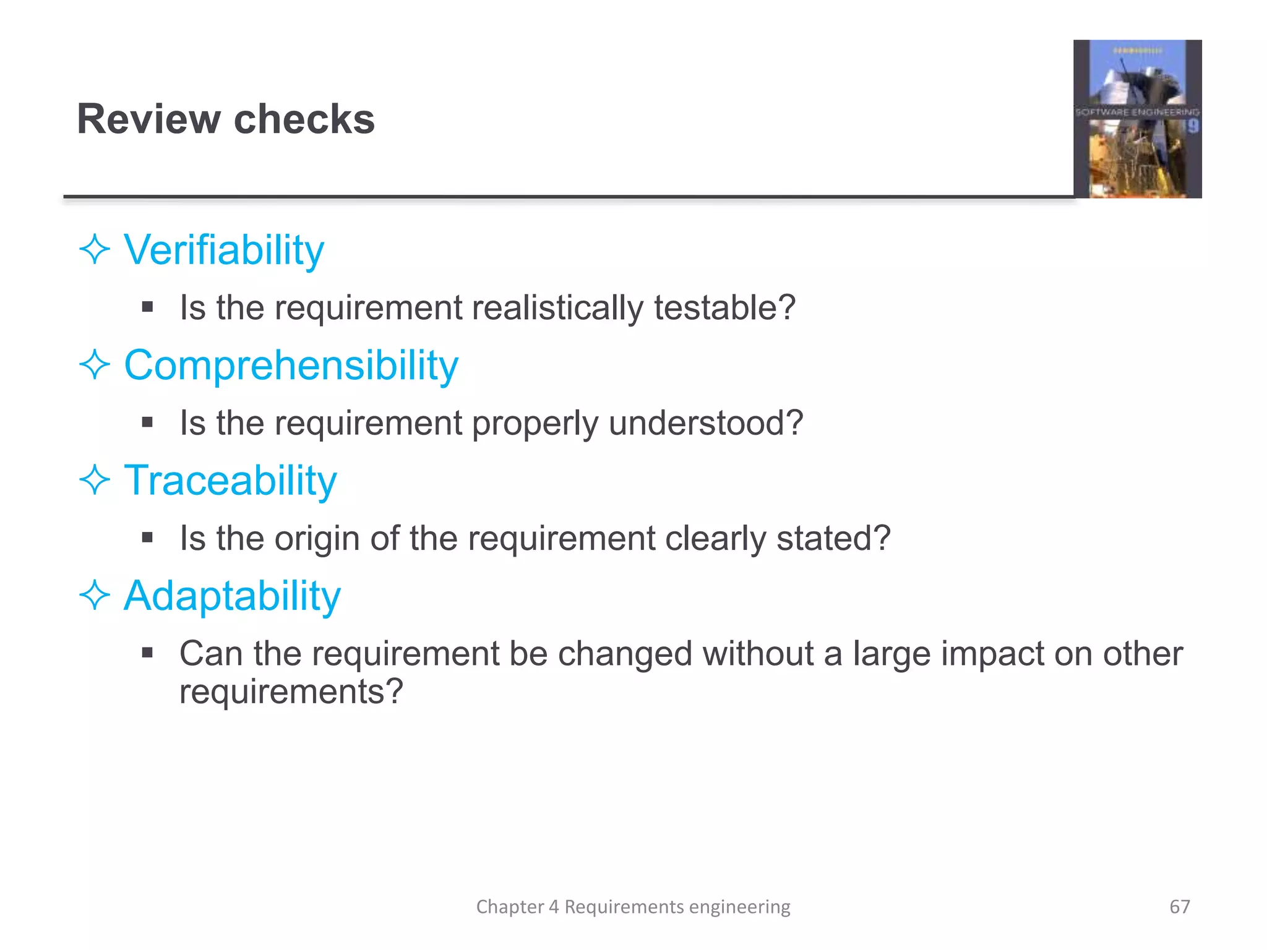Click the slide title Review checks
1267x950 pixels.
(226, 119)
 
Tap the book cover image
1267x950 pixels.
(1137, 119)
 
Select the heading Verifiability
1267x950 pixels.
(224, 250)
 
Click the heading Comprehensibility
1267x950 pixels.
(291, 365)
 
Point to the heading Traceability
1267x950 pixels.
(230, 481)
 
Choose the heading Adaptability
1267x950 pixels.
(232, 596)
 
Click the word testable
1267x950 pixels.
(724, 307)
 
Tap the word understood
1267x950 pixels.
(706, 423)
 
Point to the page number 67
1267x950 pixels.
(1179, 907)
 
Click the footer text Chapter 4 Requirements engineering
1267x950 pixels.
(633, 907)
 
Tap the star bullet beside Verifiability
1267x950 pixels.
(95, 250)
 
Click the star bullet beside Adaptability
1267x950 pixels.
(95, 596)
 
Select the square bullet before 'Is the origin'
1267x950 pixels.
(147, 537)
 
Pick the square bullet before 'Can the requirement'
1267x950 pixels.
(147, 653)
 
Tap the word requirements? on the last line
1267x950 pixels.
(291, 691)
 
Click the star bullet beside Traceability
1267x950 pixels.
(95, 481)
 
